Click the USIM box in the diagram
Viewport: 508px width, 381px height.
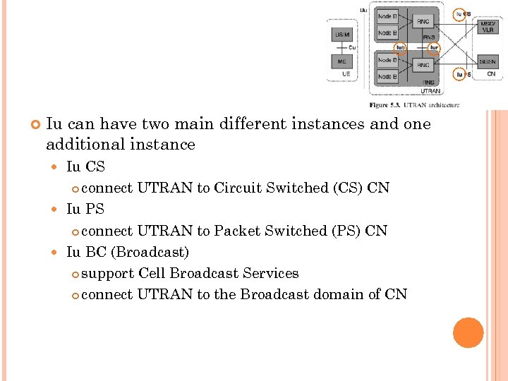point(342,35)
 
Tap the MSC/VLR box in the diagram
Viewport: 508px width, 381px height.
point(488,27)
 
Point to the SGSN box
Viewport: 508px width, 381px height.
point(488,61)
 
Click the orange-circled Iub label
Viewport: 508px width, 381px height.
point(401,48)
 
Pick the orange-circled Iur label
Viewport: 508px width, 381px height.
point(435,48)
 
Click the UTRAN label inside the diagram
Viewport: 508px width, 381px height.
point(430,91)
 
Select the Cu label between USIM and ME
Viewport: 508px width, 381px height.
point(352,47)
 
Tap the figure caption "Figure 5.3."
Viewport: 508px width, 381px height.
point(385,105)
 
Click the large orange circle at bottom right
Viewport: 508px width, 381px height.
point(468,333)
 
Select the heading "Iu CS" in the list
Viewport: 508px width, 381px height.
point(85,167)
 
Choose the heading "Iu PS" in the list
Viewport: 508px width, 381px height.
point(85,209)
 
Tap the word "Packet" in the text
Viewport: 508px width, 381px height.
point(236,231)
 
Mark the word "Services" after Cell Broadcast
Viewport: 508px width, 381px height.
point(271,273)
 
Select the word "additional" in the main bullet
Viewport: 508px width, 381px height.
point(80,145)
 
